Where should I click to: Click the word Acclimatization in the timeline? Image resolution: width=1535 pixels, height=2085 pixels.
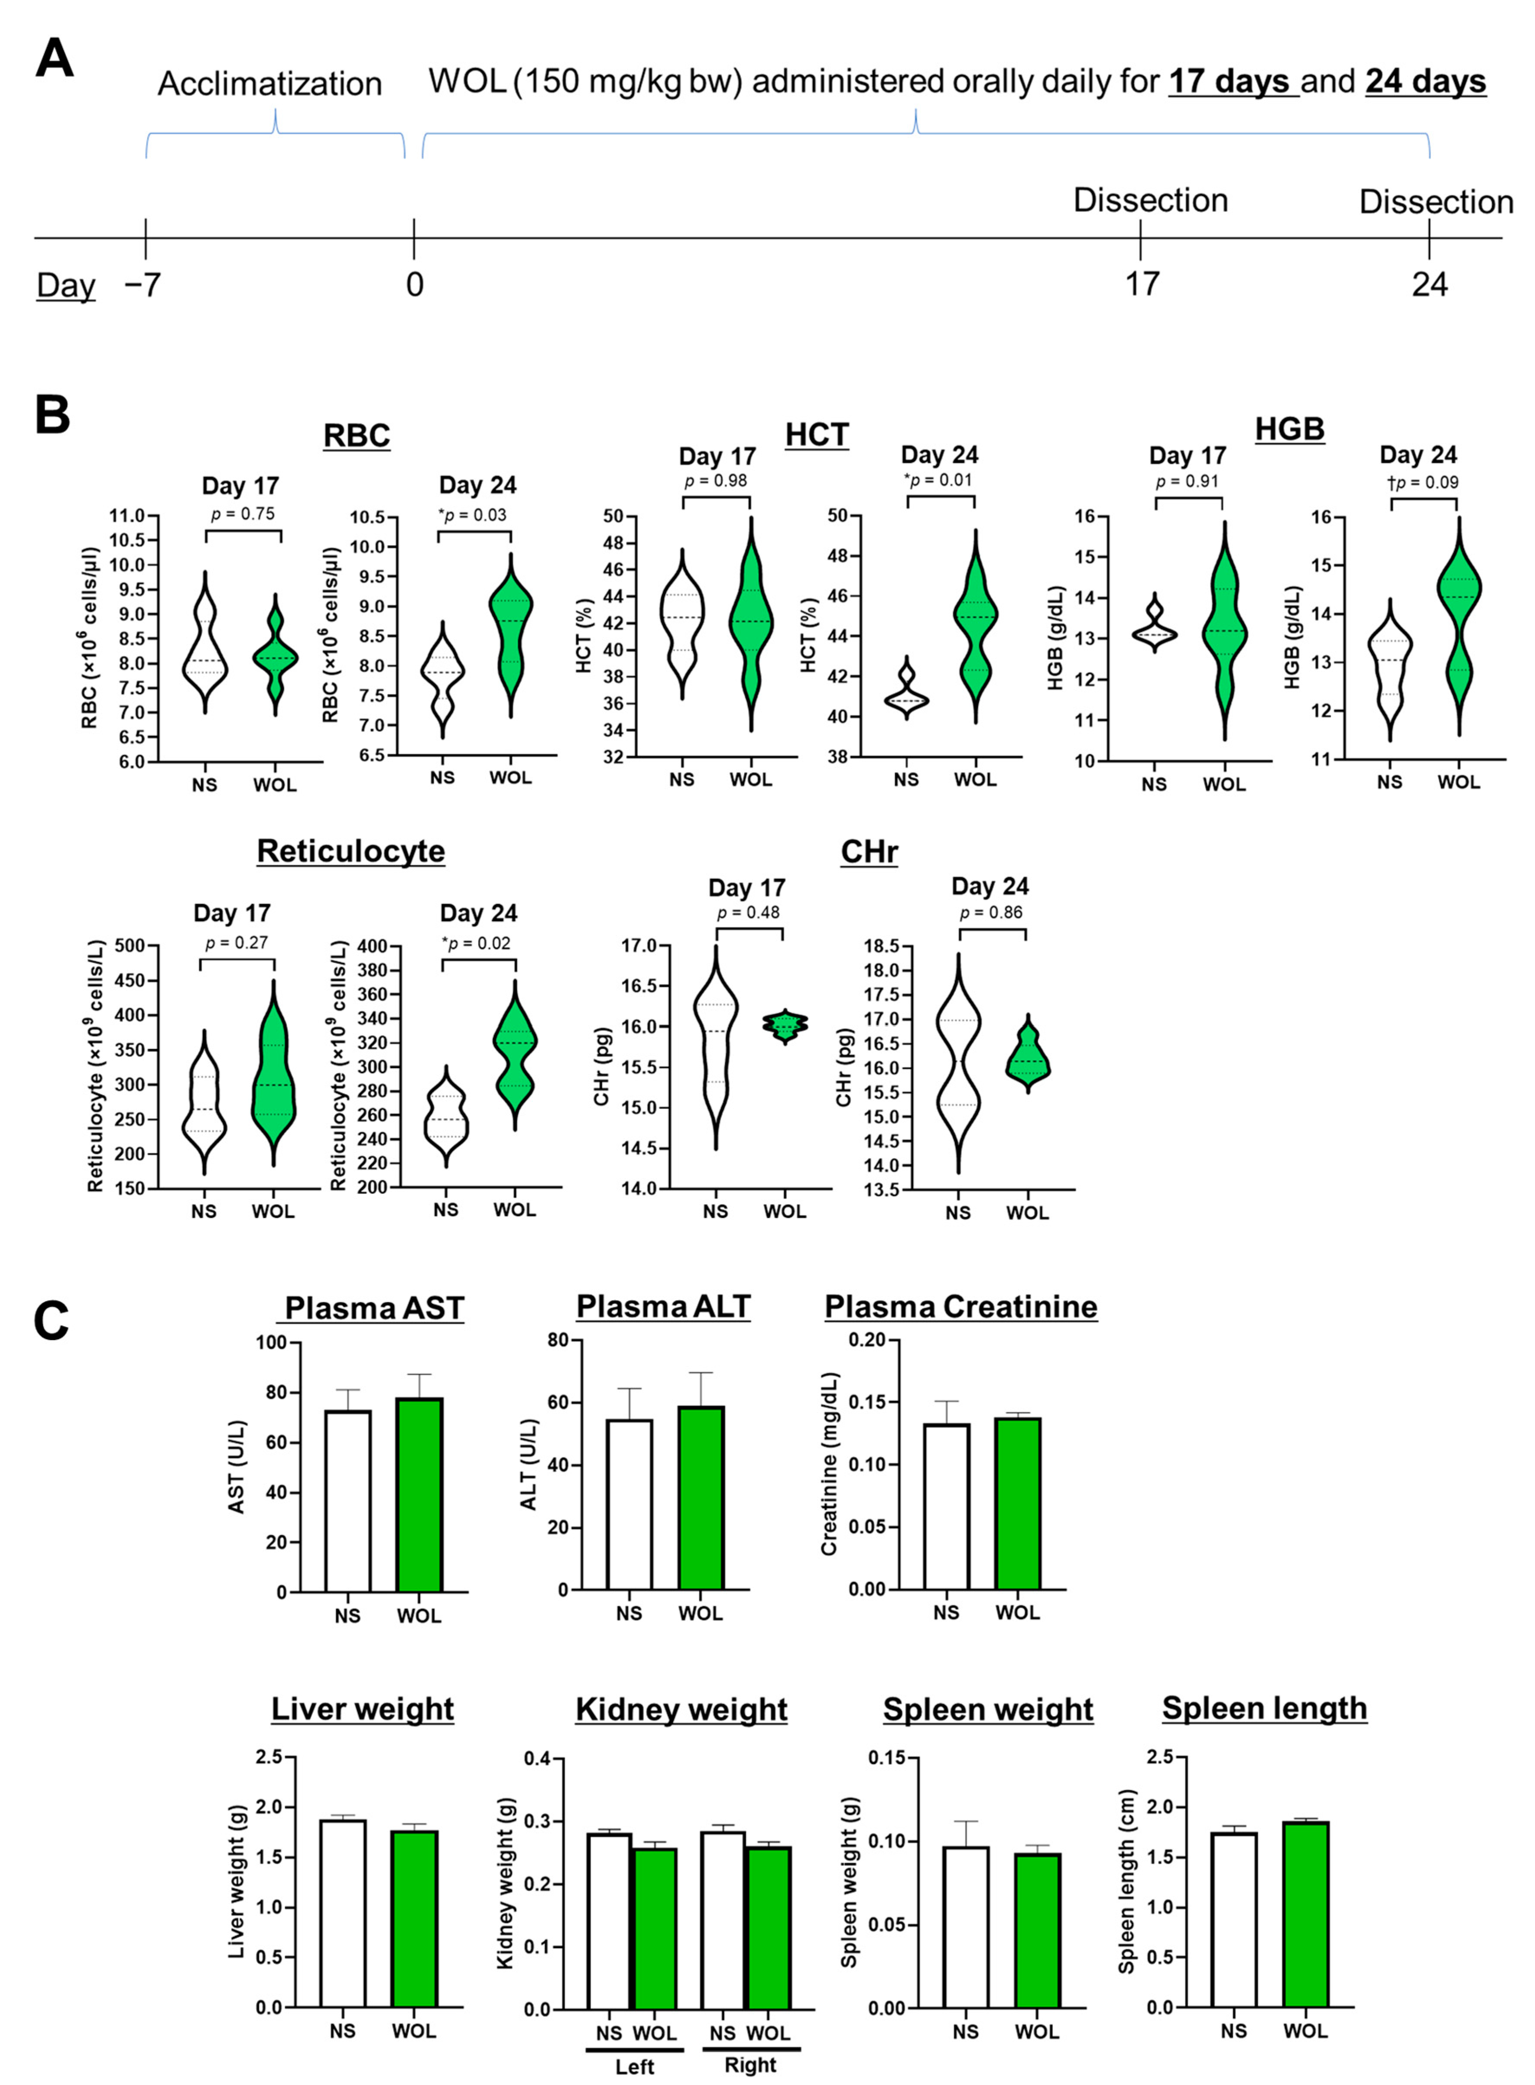[269, 84]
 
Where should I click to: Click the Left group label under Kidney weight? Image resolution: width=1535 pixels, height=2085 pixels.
[635, 2059]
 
